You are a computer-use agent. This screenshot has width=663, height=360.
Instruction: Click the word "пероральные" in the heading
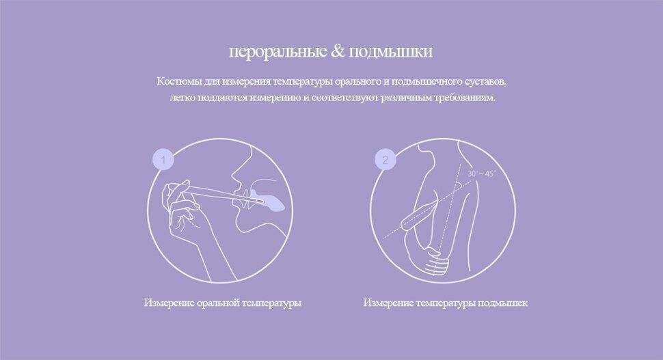(x=278, y=52)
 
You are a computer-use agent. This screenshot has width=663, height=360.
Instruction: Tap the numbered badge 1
(x=163, y=160)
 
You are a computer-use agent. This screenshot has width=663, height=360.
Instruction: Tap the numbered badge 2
(x=385, y=160)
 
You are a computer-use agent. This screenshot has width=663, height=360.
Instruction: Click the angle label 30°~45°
(x=481, y=174)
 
